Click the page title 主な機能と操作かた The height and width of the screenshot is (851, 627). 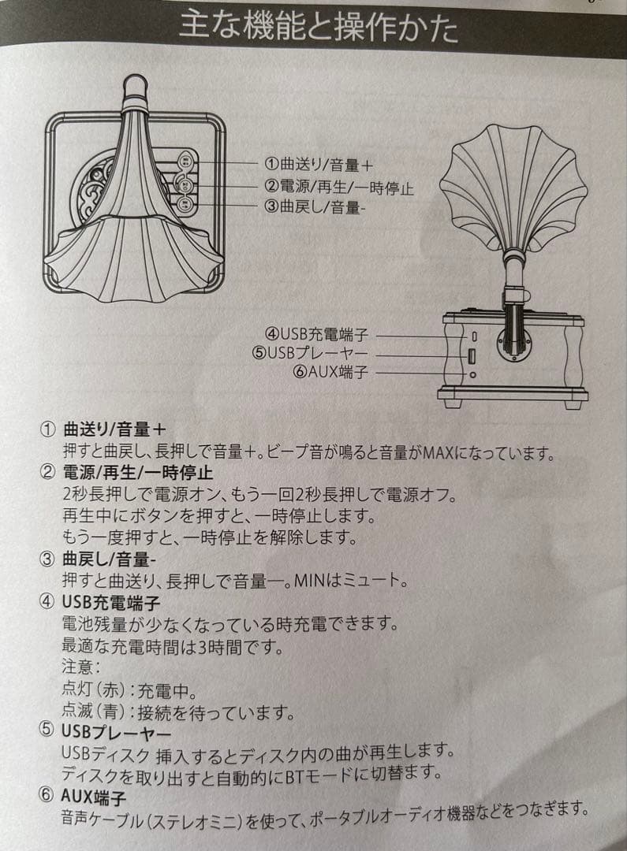[318, 29]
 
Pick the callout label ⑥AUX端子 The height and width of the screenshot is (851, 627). [329, 372]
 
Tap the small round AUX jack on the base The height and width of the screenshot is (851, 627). [472, 374]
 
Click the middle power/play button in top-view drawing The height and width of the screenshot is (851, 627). [184, 186]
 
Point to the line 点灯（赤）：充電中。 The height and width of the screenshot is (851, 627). [129, 691]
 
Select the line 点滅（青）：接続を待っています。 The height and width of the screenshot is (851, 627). [178, 713]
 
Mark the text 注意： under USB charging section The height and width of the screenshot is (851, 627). [81, 667]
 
